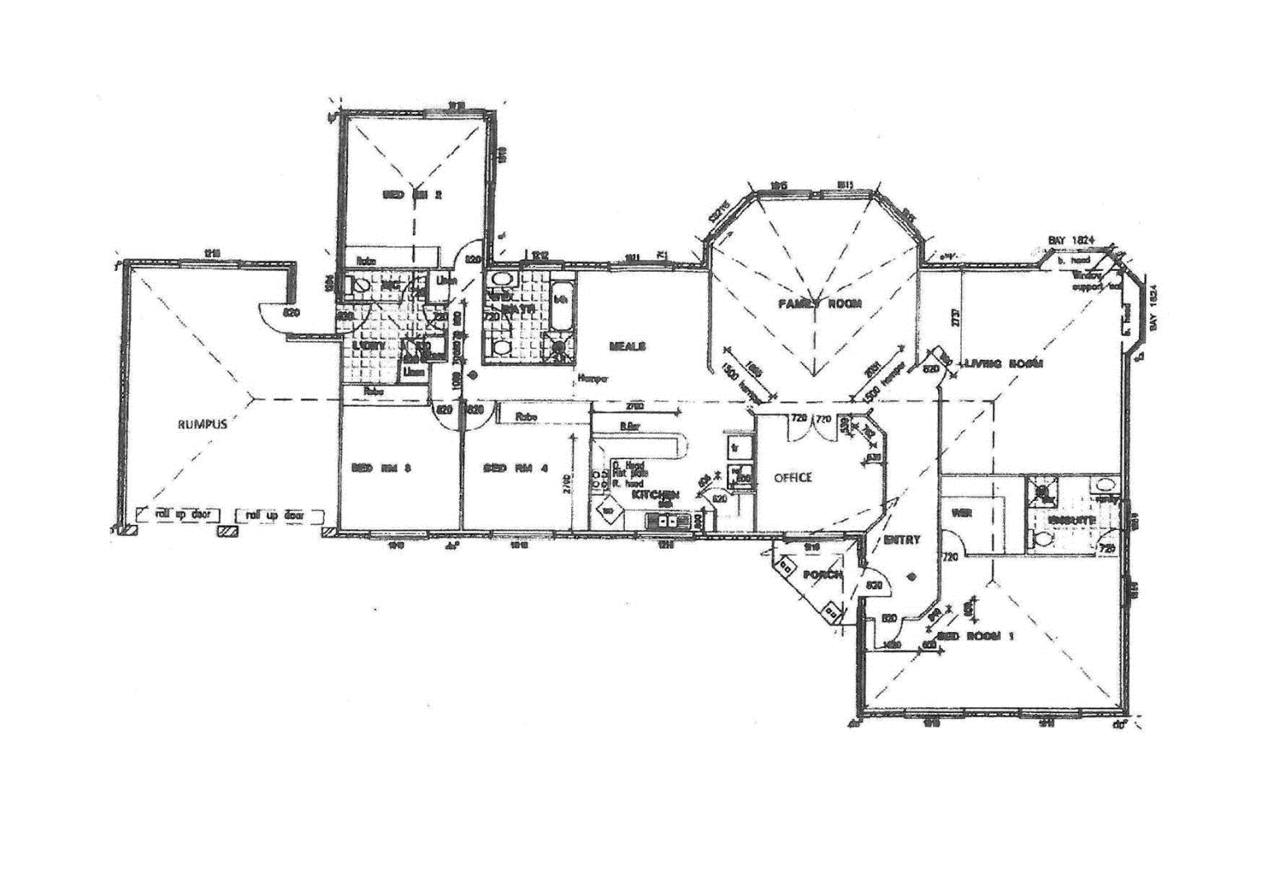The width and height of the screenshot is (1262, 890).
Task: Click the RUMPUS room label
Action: [x=202, y=425]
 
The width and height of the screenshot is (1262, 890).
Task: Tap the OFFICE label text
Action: [x=792, y=478]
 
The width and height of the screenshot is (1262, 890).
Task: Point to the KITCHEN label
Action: [x=655, y=494]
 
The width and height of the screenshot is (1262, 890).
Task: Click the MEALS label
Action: [x=627, y=346]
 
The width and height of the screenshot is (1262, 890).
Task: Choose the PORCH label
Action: [x=822, y=574]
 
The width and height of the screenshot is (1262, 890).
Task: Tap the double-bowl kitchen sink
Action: [x=668, y=520]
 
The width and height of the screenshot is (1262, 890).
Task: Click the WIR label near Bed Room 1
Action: [x=961, y=513]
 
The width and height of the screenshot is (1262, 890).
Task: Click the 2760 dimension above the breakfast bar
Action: [x=635, y=407]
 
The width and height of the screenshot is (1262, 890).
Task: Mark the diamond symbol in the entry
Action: [x=911, y=576]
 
